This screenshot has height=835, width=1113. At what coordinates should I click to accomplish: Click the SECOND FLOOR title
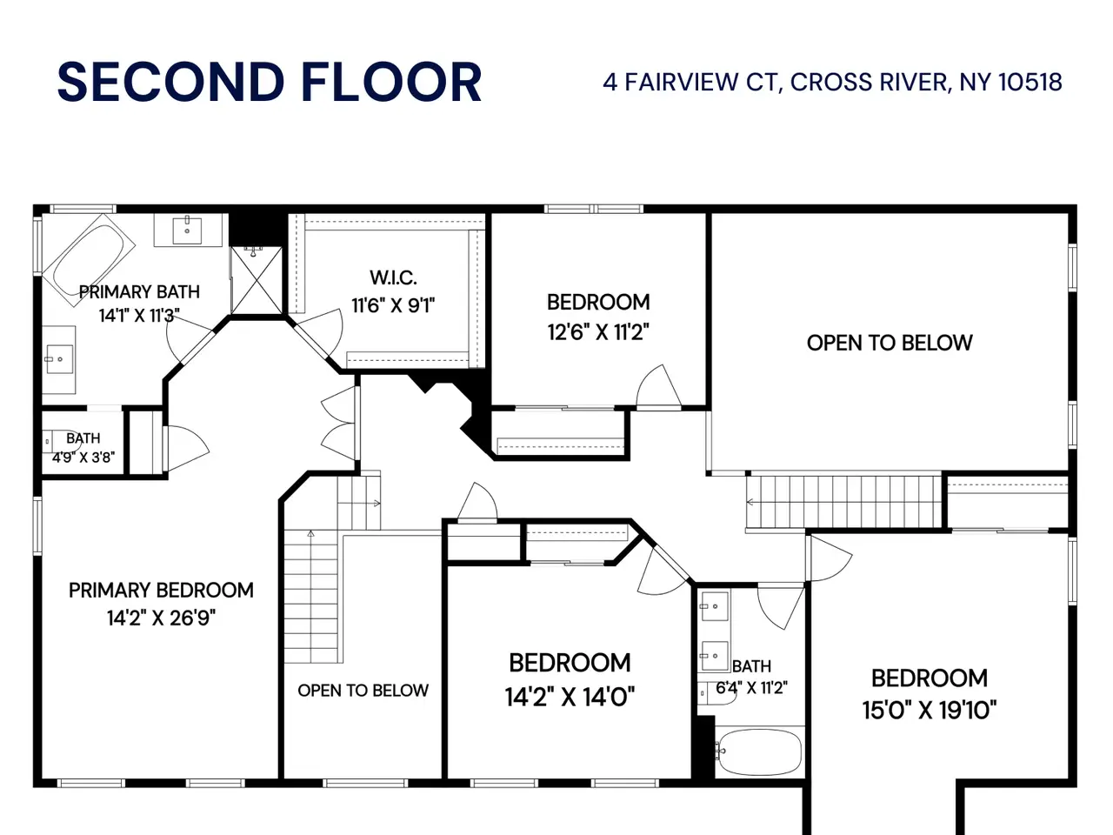coord(270,82)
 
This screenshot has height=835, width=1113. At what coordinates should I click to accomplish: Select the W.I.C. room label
coord(394,277)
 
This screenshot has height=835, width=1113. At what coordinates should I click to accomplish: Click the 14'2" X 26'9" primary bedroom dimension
coord(161,618)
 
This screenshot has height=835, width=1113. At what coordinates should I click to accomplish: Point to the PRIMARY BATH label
coord(139,292)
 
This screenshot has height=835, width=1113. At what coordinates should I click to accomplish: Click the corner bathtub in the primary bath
coord(89,259)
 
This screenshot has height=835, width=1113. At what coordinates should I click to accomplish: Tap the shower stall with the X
coord(257,280)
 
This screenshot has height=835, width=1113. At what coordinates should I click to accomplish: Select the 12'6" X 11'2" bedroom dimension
coord(598,332)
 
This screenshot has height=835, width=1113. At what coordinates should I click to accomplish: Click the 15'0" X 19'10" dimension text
coord(930,710)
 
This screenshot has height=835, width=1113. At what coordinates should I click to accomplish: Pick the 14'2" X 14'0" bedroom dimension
coord(570,697)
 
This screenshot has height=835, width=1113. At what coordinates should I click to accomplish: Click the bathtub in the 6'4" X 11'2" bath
coord(760,752)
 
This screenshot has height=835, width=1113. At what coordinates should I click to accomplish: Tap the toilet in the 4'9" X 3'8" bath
coord(60,441)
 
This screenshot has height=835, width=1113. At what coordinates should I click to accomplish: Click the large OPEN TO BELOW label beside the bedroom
coord(890,344)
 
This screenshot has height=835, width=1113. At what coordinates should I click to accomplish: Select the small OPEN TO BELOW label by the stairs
coord(363,691)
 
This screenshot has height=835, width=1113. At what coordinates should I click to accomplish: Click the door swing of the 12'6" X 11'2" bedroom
coord(658,386)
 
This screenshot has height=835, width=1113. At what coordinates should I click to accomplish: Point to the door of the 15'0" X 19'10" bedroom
coord(830,558)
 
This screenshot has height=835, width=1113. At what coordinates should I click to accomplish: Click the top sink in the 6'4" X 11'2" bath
coord(715,605)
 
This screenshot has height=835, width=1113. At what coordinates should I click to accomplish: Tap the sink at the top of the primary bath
coord(187,231)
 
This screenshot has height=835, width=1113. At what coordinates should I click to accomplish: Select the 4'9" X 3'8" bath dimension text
coord(83,458)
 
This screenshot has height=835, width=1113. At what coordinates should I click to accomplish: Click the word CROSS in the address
coord(830,82)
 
